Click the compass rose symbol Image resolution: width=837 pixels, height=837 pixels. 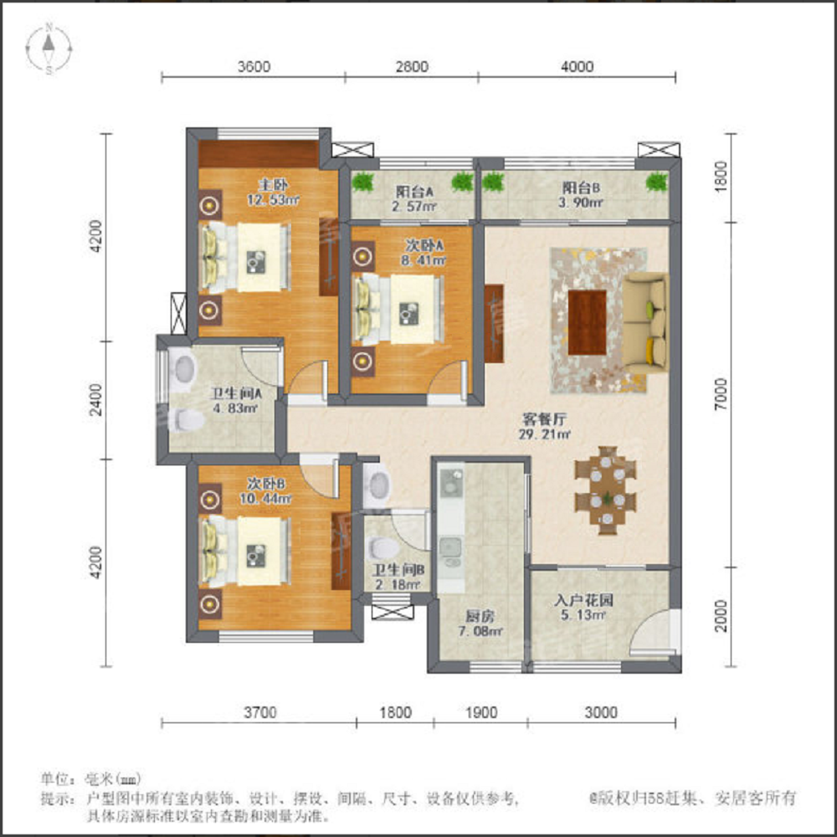point(49,49)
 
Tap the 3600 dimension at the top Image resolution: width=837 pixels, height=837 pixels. point(254,67)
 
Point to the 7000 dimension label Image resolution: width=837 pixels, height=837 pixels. point(721,394)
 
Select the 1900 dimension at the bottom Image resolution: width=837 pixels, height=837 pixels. point(481,712)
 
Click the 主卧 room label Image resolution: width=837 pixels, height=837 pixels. point(273,185)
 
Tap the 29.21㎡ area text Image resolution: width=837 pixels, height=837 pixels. point(545,434)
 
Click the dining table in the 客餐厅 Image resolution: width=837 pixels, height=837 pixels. point(605,490)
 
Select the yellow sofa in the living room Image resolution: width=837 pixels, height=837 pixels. point(644,323)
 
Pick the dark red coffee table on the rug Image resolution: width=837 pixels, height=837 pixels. point(587,322)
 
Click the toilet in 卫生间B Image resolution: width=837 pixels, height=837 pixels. point(383,548)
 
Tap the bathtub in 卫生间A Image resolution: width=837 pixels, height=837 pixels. point(182,367)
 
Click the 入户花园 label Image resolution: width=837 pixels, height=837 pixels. point(583,600)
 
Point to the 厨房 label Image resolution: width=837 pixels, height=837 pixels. point(480,617)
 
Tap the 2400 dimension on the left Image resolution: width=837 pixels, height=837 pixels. point(96,400)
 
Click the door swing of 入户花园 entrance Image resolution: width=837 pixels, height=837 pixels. point(649,630)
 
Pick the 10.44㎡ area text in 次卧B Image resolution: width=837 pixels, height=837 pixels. point(265,499)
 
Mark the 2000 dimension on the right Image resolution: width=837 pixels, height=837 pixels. point(721,617)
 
